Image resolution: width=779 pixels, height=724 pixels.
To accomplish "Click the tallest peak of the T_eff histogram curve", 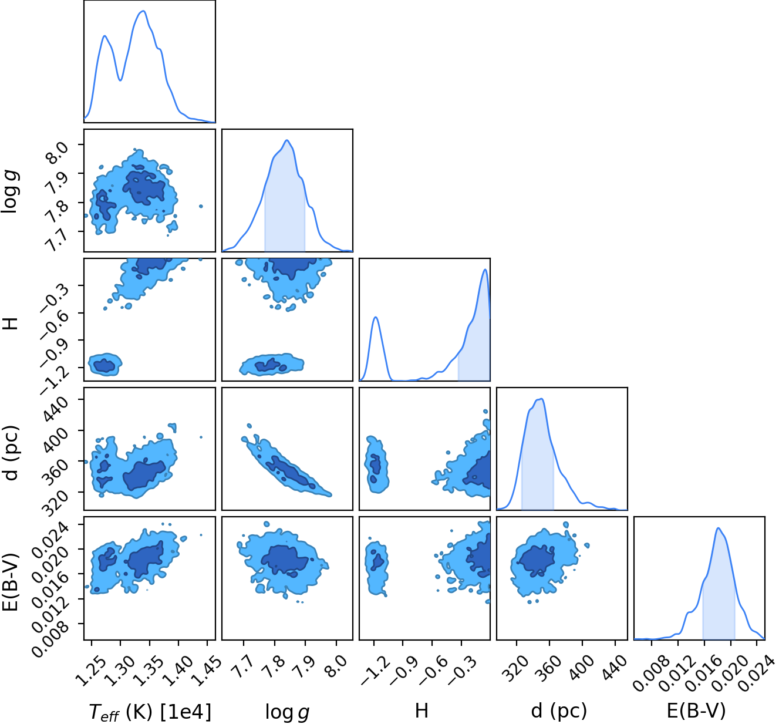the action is (x=144, y=11).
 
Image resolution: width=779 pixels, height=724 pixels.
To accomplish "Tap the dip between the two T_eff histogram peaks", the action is (x=120, y=80).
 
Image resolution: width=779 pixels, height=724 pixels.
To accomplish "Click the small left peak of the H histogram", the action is (x=375, y=318).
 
